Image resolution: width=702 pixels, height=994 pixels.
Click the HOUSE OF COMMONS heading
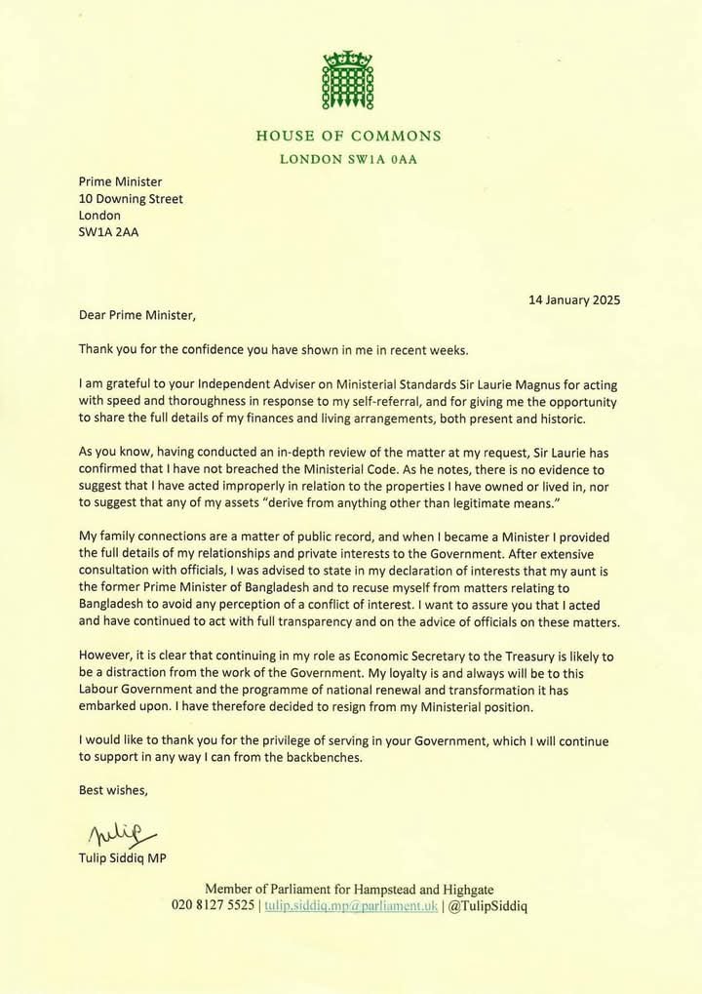tap(349, 137)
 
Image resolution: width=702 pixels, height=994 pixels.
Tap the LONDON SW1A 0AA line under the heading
tap(349, 160)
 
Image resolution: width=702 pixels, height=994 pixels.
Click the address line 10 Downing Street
tap(131, 198)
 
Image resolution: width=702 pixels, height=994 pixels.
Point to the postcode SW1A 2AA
tap(108, 232)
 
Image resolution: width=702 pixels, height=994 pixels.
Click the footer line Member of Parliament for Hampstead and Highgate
tap(349, 888)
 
